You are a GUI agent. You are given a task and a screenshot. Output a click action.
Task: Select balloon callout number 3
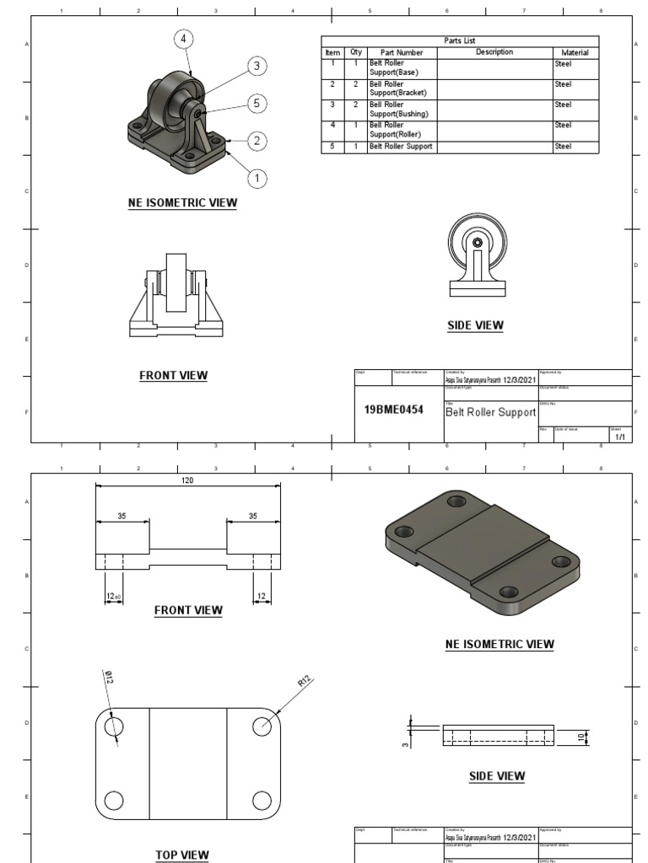(257, 67)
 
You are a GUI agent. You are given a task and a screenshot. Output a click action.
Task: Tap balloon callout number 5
(257, 103)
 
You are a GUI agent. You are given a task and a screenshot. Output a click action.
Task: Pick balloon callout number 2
(257, 141)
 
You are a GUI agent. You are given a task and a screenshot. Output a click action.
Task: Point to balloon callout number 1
(257, 178)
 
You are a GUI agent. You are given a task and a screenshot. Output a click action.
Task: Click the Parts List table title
(460, 40)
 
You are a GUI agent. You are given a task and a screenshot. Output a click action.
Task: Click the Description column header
(494, 52)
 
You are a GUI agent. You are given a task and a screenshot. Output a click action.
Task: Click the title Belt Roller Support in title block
(490, 413)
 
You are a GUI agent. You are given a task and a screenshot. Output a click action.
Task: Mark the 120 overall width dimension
(187, 480)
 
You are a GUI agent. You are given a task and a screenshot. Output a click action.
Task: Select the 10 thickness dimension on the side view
(580, 737)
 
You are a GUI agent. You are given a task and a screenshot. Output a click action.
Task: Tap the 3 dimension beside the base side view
(405, 742)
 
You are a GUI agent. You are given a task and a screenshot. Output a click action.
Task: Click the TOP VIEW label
(182, 855)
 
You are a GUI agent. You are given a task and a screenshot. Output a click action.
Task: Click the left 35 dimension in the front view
(121, 517)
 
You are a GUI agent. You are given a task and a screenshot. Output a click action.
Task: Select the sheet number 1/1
(619, 437)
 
